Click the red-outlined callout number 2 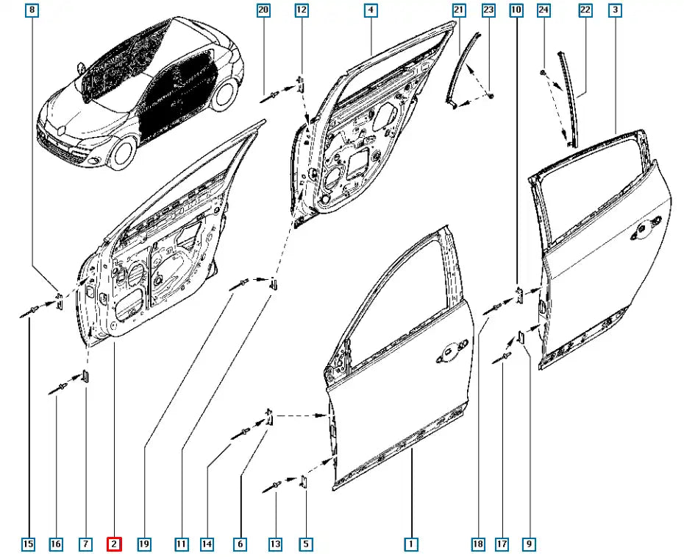(114, 544)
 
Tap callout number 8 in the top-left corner (32, 10)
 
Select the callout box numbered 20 (263, 10)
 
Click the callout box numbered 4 (371, 10)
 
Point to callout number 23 (488, 10)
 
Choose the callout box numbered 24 (544, 10)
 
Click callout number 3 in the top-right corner (615, 10)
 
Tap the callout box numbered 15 (28, 544)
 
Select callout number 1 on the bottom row (411, 544)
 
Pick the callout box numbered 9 (529, 544)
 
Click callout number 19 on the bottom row (144, 544)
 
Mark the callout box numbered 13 (275, 544)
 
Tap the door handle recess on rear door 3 (646, 228)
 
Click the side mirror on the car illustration (80, 68)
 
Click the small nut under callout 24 (544, 72)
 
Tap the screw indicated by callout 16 (58, 389)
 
